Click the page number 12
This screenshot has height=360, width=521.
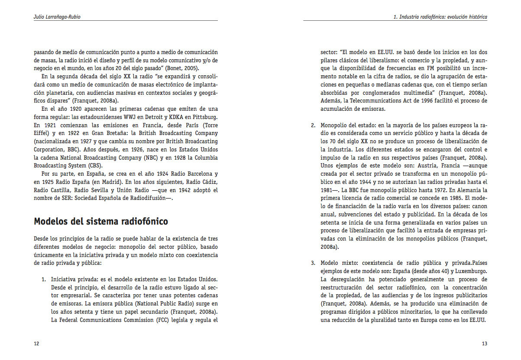36,344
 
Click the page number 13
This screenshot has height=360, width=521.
484,344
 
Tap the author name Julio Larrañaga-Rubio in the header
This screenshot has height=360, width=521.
57,17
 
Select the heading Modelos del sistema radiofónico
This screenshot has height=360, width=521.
101,222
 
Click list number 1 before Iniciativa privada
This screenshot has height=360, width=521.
44,279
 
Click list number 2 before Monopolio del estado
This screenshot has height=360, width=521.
313,125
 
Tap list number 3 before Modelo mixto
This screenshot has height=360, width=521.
313,263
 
